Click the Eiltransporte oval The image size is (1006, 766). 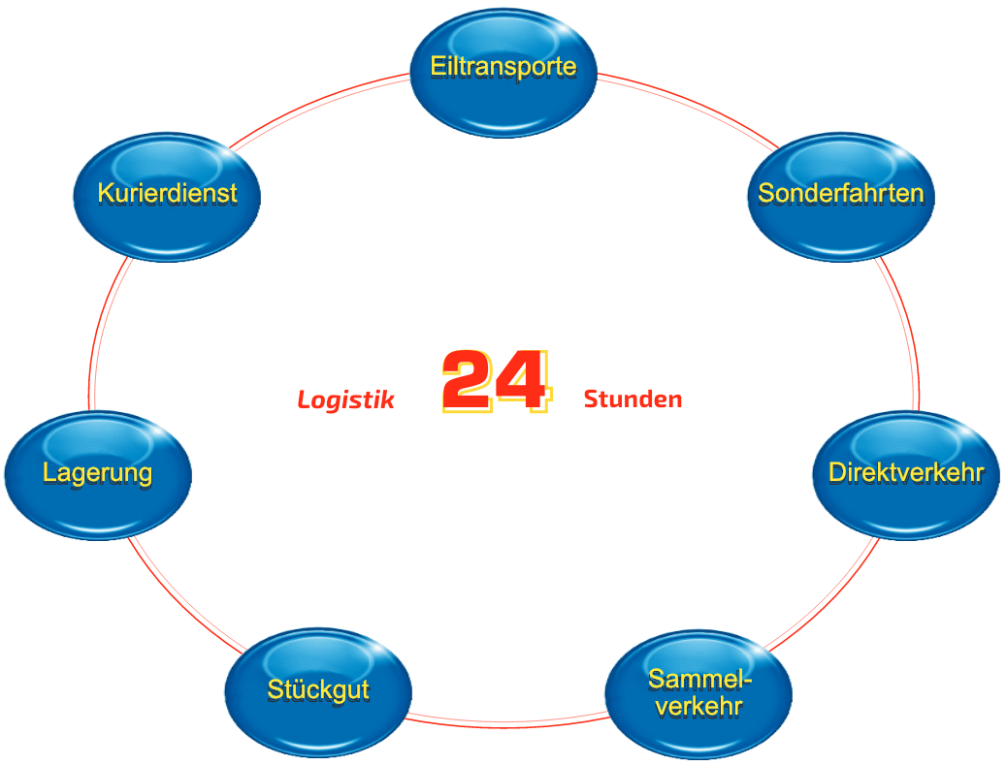[503, 74]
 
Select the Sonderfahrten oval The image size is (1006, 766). [840, 196]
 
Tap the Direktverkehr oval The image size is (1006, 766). [905, 474]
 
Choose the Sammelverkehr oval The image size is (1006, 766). [698, 692]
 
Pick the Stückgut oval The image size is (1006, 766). [318, 690]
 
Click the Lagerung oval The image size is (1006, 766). [98, 474]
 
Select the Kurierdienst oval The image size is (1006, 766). [167, 196]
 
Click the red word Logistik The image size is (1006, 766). [346, 399]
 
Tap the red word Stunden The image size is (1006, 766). [633, 399]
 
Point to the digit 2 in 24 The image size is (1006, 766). [471, 381]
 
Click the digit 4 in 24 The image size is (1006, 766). [524, 381]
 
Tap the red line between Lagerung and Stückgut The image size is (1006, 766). [180, 600]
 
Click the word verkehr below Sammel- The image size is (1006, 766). [698, 706]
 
